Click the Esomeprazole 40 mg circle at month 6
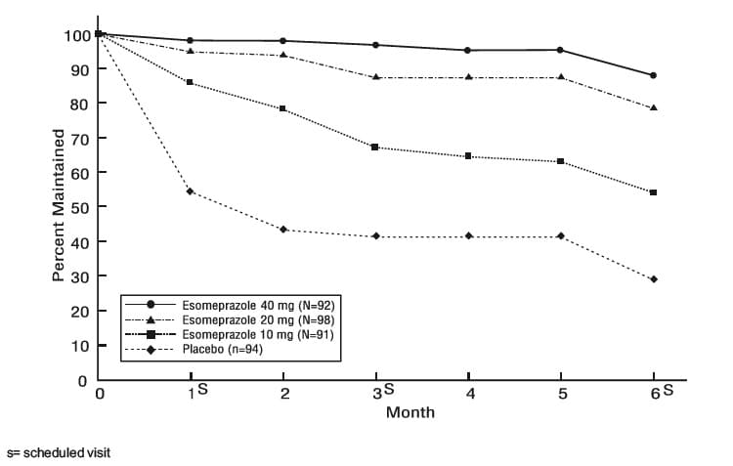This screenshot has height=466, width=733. (653, 75)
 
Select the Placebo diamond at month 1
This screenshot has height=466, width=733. (190, 191)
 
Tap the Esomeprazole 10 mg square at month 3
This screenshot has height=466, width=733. (374, 148)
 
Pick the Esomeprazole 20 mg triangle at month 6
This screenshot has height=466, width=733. (654, 108)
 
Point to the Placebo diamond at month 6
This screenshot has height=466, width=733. (654, 279)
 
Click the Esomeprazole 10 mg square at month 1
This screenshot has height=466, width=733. (190, 82)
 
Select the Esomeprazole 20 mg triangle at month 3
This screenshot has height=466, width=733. (375, 77)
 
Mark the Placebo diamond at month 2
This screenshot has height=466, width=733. (282, 230)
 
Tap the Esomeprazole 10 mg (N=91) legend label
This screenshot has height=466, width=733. (258, 335)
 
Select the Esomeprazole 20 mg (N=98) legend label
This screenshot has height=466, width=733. (259, 320)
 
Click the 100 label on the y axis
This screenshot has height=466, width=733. (77, 35)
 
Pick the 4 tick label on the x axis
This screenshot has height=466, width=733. (470, 394)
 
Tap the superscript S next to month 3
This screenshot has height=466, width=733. (389, 389)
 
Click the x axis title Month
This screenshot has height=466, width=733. (410, 412)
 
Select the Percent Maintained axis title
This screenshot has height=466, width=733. (58, 205)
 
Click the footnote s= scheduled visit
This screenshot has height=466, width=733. (59, 453)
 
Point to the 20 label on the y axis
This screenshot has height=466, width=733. (79, 312)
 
